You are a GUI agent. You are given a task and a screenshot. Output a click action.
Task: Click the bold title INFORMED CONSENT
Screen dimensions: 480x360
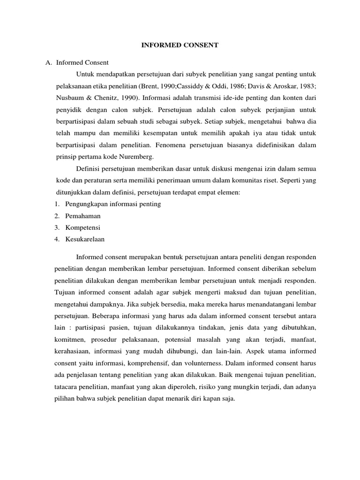(x=180, y=45)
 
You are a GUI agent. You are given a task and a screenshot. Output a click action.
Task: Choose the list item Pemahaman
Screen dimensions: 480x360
(x=83, y=216)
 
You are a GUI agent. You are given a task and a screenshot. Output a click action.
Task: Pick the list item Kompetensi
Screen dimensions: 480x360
(x=83, y=227)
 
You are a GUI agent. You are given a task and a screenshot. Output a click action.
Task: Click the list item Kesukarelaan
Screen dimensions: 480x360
(x=85, y=239)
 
